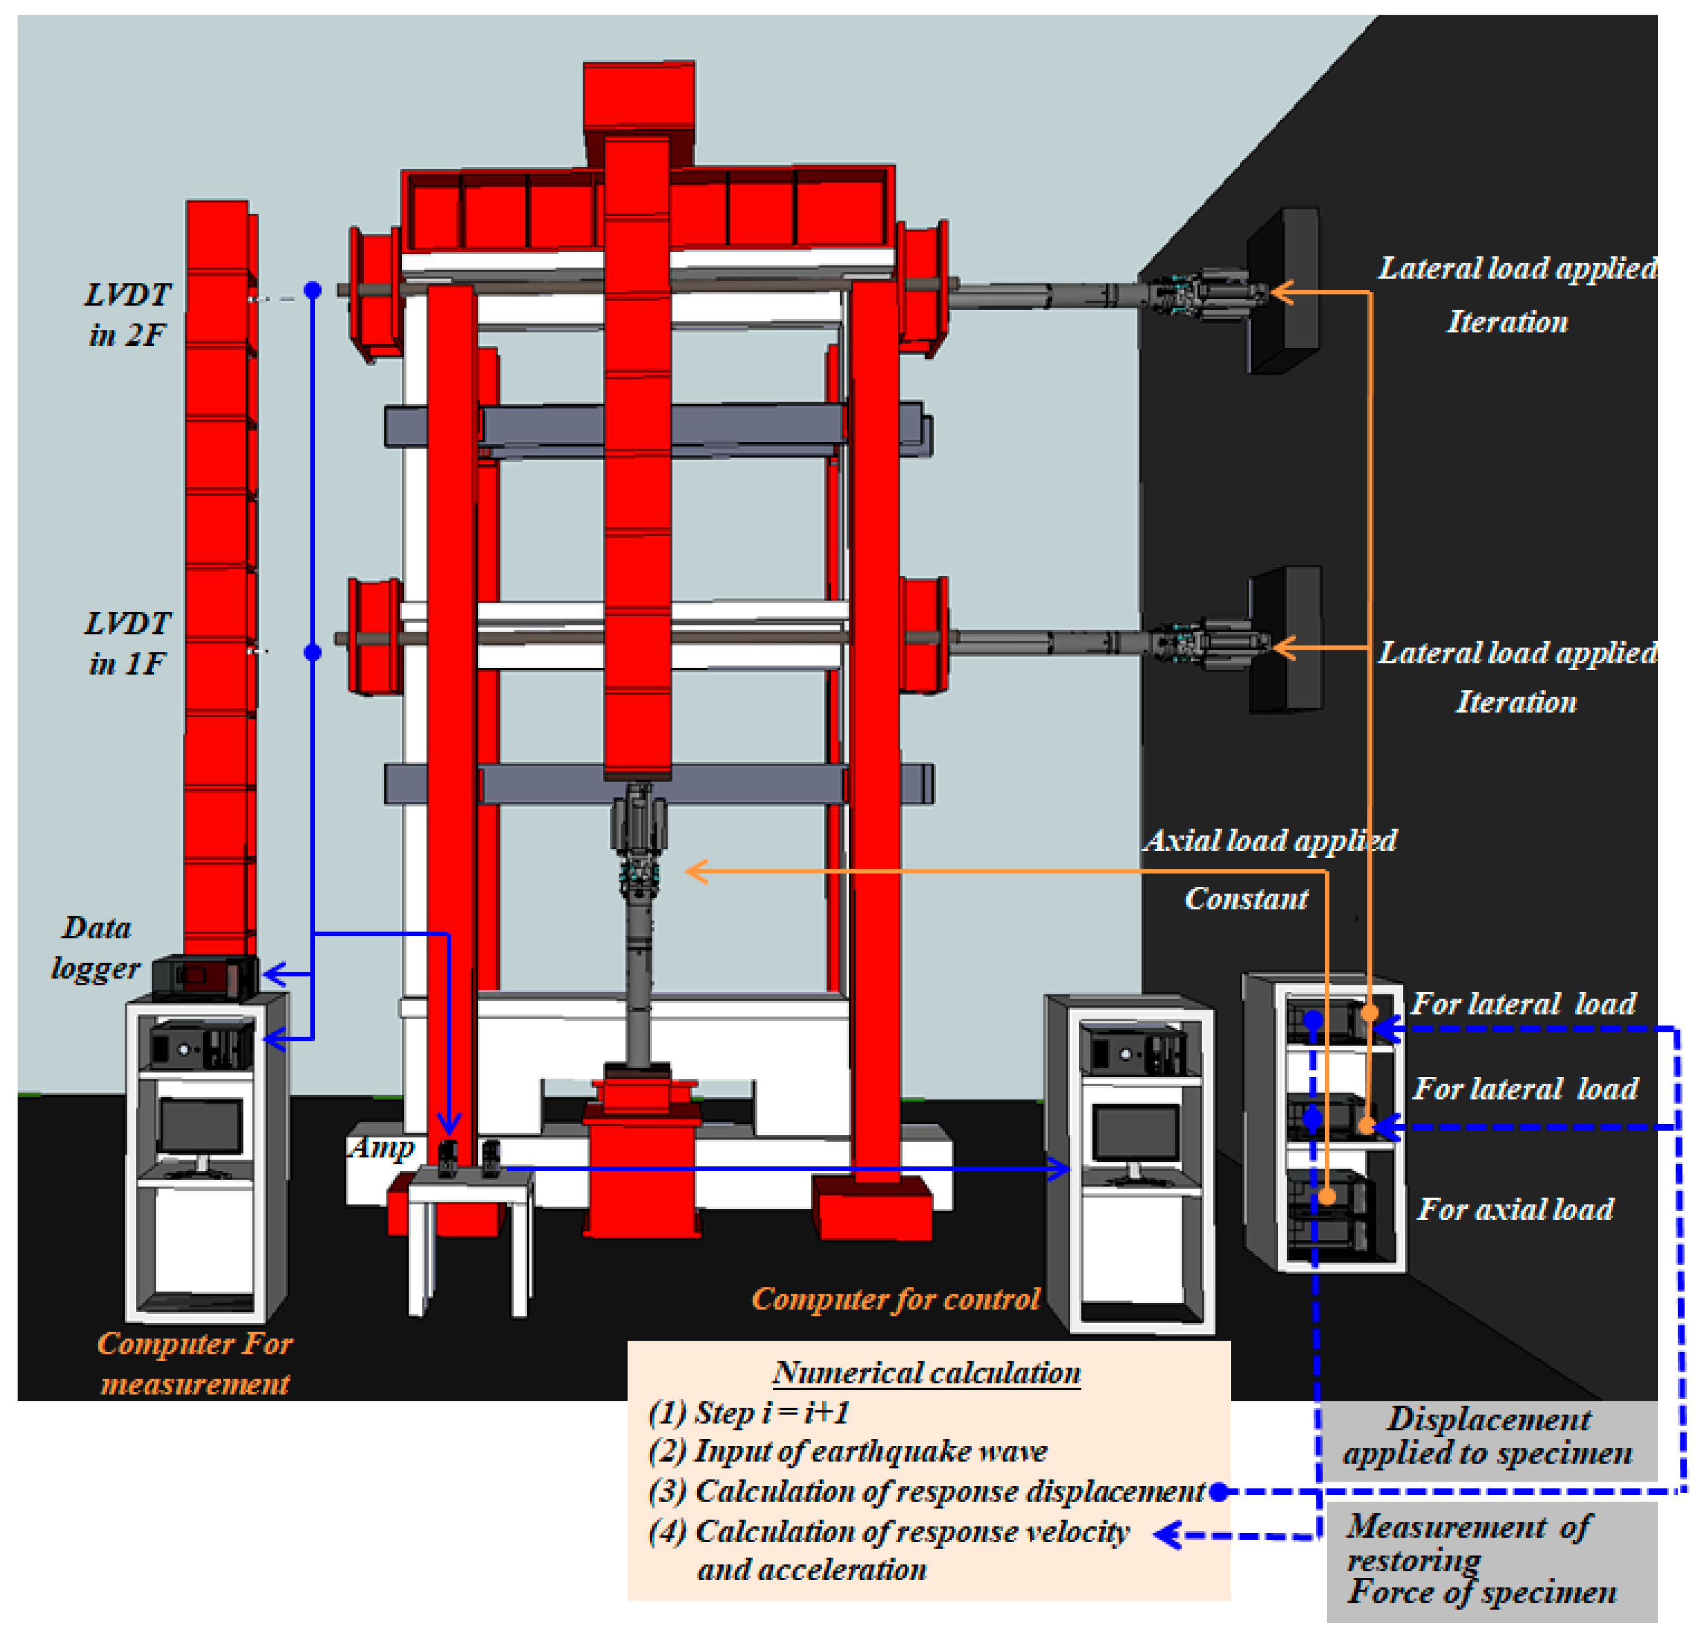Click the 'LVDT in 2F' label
click(x=127, y=314)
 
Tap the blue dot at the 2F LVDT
click(x=313, y=290)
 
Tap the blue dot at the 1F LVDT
click(x=313, y=652)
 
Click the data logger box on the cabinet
click(x=204, y=976)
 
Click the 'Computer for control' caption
click(x=895, y=1299)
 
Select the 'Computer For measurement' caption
click(x=195, y=1362)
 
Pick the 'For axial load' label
click(x=1515, y=1209)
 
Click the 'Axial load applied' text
click(x=1269, y=840)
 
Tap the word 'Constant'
click(x=1246, y=899)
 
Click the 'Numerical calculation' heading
click(x=927, y=1372)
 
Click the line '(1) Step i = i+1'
click(x=750, y=1413)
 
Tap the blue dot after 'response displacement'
click(x=1218, y=1491)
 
